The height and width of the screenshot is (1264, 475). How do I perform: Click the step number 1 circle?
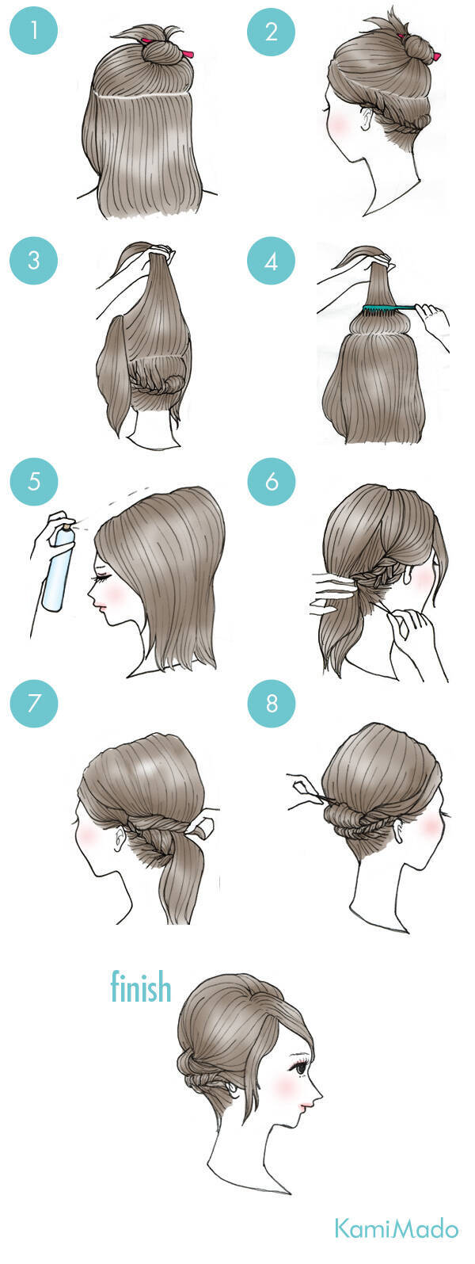(34, 30)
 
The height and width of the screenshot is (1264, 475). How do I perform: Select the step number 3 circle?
(34, 262)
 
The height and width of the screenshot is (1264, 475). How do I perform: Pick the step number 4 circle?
(272, 262)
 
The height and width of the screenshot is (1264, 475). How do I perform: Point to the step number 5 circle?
(34, 481)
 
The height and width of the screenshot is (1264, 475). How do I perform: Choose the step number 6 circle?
(272, 481)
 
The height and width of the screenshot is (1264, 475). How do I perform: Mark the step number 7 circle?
(34, 703)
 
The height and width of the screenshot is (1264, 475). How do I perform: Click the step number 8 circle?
(272, 703)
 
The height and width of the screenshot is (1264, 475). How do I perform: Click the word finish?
(140, 987)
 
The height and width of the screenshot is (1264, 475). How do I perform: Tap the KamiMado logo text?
(397, 1228)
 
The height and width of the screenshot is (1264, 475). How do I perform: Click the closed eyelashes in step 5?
(101, 577)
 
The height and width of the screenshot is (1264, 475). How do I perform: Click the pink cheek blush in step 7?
(86, 834)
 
